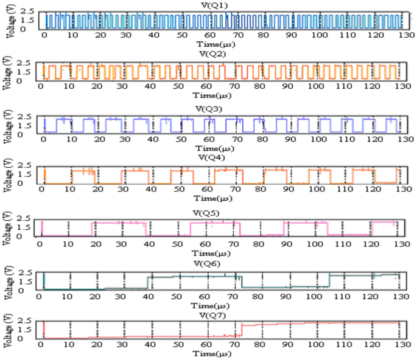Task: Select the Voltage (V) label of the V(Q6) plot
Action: click(x=7, y=280)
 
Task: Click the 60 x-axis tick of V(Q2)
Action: click(x=207, y=88)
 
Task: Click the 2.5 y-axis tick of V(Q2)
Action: click(x=25, y=63)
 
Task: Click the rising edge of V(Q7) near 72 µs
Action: click(x=242, y=330)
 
